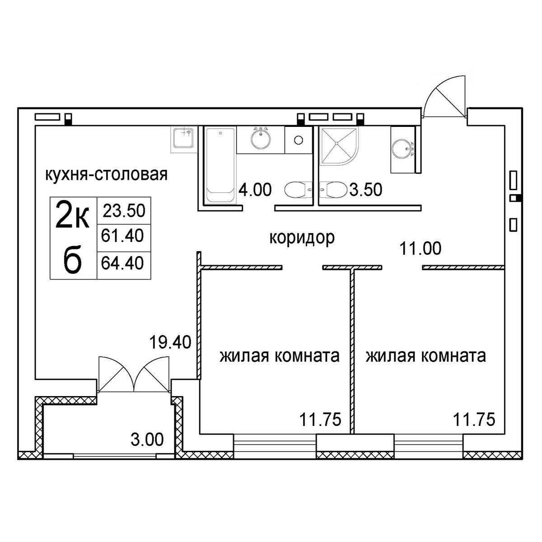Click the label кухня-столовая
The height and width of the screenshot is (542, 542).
[106, 175]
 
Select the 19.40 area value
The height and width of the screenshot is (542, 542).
[170, 342]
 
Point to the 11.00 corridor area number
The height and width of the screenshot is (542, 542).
[420, 248]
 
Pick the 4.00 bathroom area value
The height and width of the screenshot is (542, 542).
[255, 189]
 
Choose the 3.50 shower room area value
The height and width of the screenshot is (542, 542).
[366, 189]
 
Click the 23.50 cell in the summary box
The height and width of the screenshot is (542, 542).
[124, 211]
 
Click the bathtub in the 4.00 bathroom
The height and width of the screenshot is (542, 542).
[220, 164]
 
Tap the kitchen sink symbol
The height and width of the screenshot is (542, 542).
[183, 138]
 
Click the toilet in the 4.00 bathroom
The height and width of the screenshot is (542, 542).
[298, 190]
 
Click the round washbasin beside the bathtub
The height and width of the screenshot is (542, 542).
[261, 138]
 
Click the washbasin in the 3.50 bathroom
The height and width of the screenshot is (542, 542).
[403, 149]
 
